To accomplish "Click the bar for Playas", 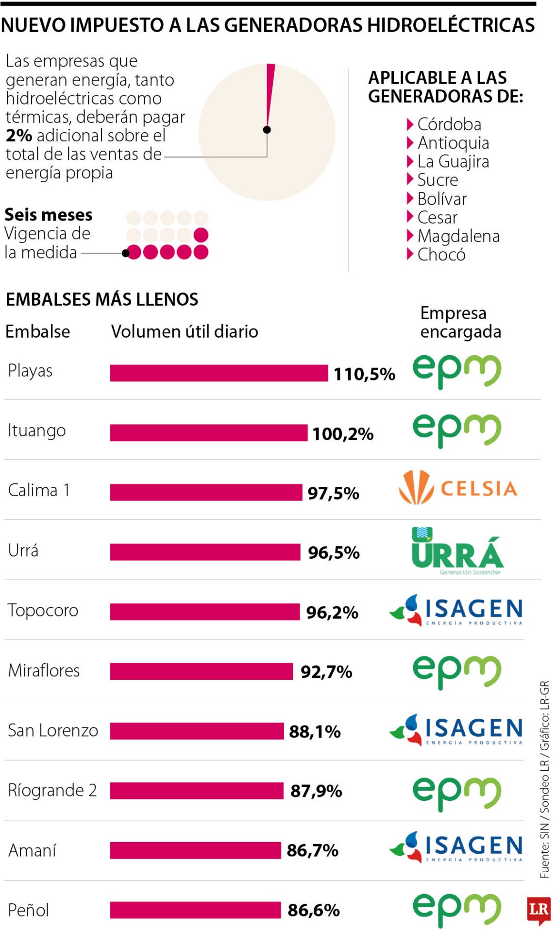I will click(x=219, y=373).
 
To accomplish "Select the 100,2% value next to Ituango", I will click(x=343, y=434).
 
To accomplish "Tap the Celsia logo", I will click(x=457, y=487).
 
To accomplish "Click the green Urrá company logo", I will click(x=457, y=552).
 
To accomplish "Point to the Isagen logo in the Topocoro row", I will click(x=456, y=610).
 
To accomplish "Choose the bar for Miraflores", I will click(x=201, y=671).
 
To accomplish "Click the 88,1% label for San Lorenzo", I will click(x=315, y=732).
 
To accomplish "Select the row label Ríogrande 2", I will click(x=52, y=791).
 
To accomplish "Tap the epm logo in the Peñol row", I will click(x=456, y=909).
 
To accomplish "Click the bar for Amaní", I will click(x=195, y=850).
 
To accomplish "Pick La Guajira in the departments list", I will click(x=453, y=161).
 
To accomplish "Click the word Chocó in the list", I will click(x=441, y=255).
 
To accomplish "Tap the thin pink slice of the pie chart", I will click(x=270, y=92).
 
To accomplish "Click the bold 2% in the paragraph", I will click(x=19, y=136).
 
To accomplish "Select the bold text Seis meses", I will click(x=48, y=215).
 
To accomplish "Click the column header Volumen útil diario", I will click(x=185, y=331).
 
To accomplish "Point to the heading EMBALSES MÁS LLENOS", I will click(x=102, y=299).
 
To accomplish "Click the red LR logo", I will click(x=539, y=909).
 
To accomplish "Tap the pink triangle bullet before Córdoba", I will click(x=410, y=124).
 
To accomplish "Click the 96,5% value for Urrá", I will click(x=334, y=553).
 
